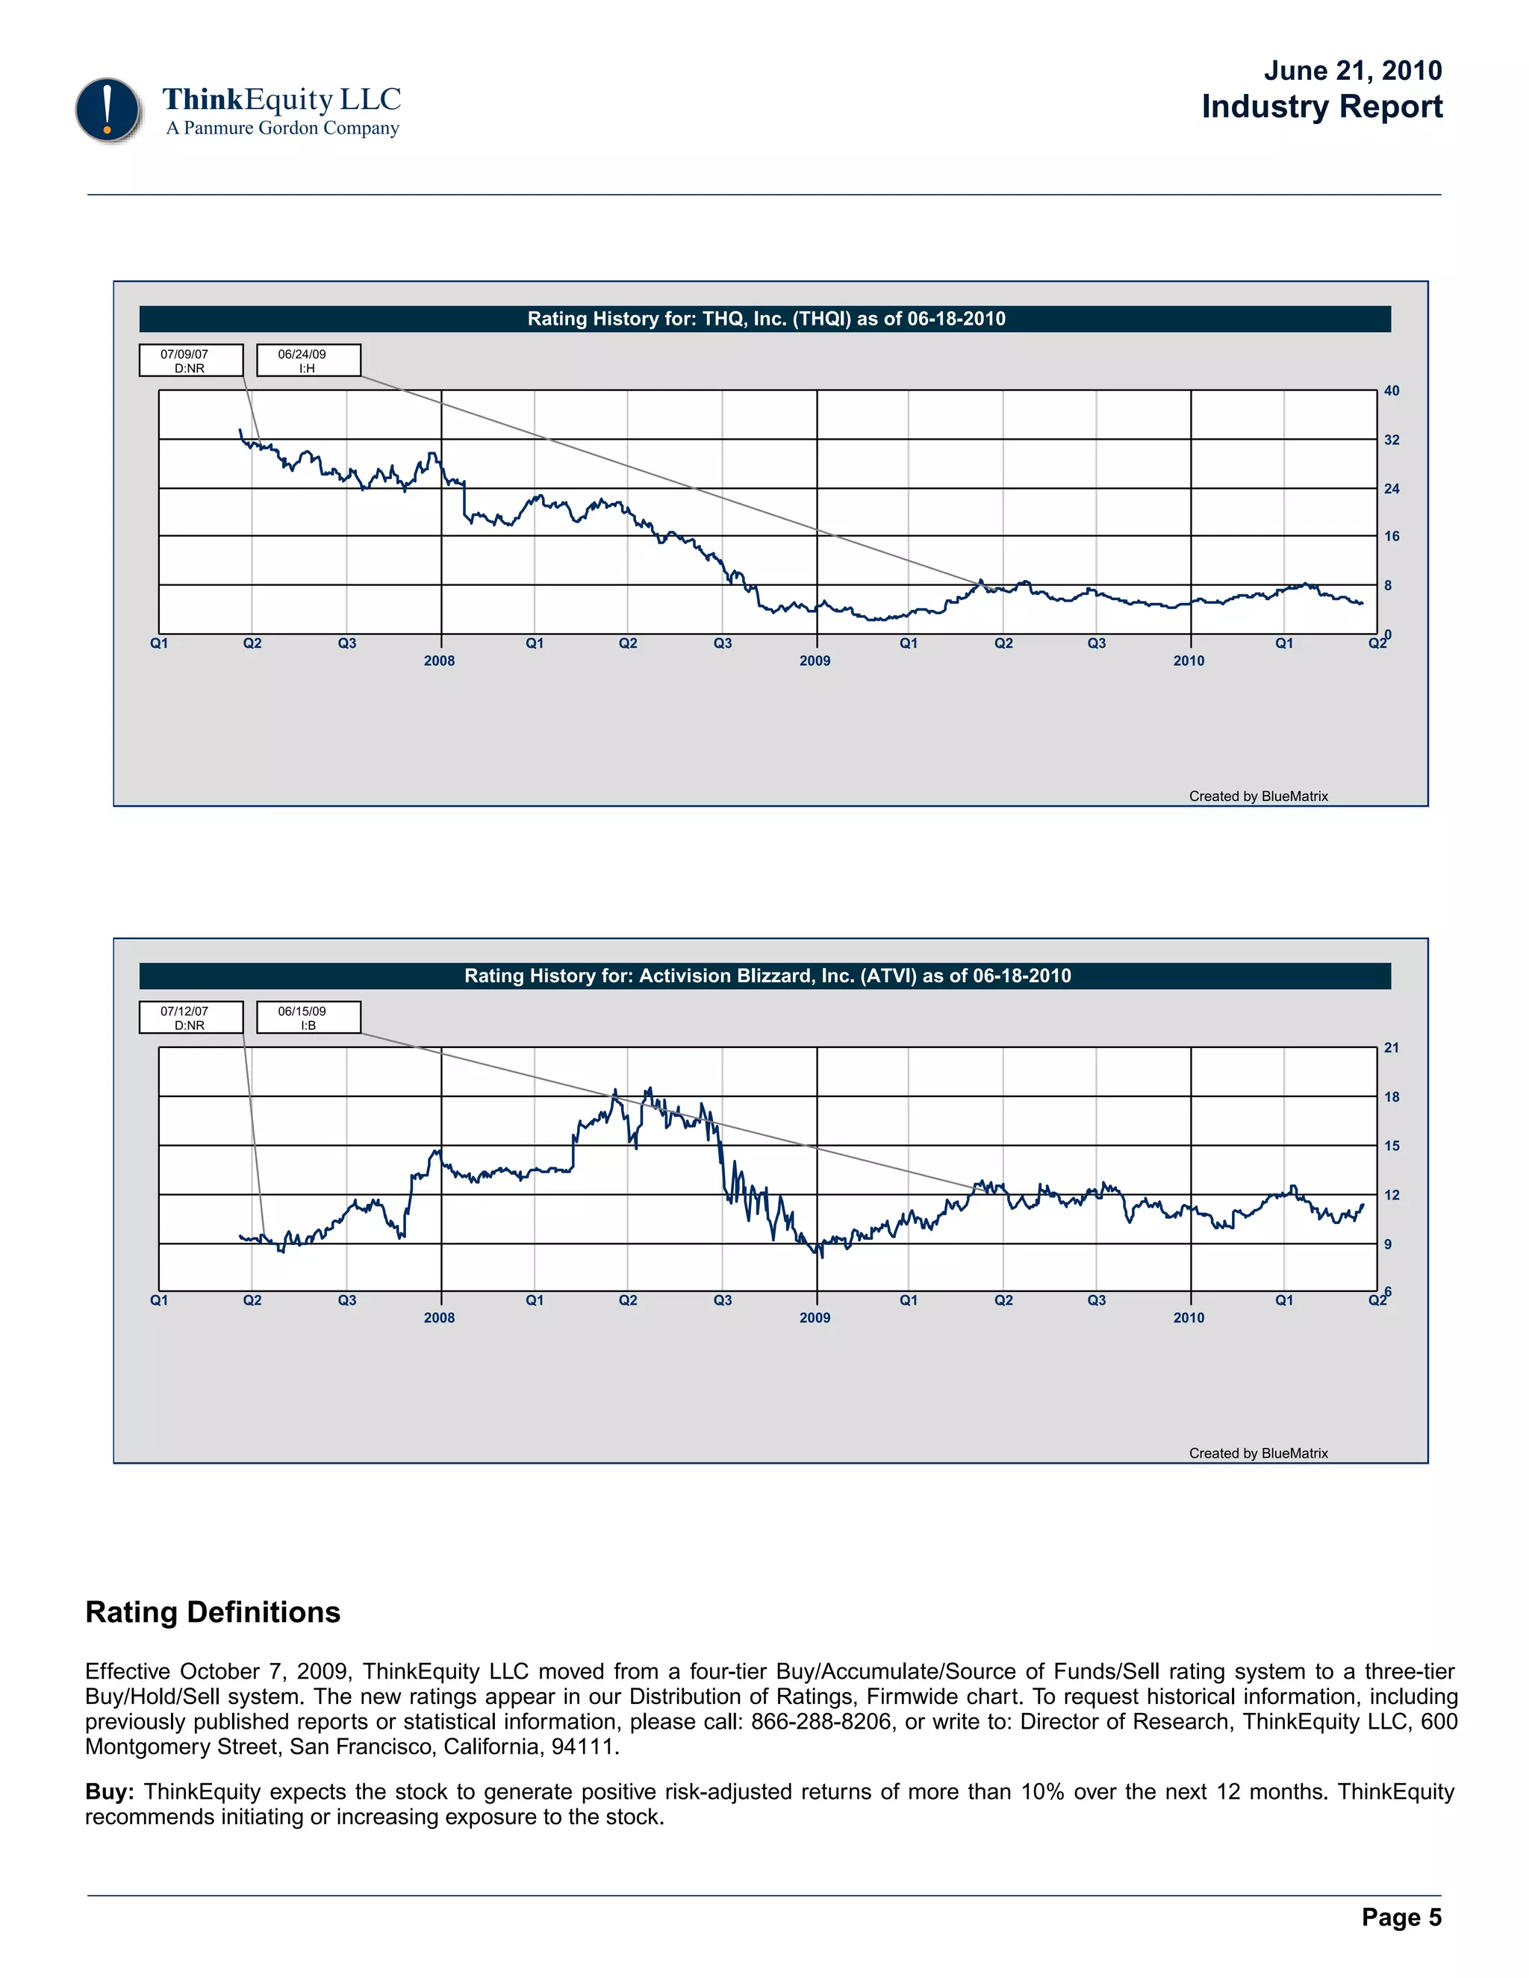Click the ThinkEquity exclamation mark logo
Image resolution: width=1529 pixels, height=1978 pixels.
coord(108,110)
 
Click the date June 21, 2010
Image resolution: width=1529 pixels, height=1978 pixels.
coord(1352,71)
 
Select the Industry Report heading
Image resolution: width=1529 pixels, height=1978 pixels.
coord(1321,107)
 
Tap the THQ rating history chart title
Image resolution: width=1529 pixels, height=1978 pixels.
coord(765,319)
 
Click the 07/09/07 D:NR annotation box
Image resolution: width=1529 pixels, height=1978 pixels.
coord(191,361)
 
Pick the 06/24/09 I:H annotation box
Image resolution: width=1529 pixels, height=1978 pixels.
coord(308,361)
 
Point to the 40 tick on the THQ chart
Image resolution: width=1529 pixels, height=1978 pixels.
coord(1392,391)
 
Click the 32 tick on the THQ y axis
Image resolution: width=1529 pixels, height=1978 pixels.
coord(1392,440)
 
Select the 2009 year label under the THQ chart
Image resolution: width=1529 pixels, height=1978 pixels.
coord(815,661)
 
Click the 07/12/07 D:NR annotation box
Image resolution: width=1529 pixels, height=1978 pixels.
coord(191,1017)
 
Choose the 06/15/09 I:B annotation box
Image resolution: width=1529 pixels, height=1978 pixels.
coord(308,1017)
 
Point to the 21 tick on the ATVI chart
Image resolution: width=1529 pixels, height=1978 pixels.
coord(1392,1048)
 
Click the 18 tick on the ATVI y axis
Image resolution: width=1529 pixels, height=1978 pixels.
coord(1392,1096)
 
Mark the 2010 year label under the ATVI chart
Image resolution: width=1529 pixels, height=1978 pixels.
coord(1189,1317)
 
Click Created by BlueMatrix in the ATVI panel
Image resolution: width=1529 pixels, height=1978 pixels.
coord(1258,1453)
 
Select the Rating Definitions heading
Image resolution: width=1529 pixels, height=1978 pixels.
coord(213,1612)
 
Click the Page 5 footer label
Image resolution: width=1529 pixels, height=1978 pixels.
coord(1401,1918)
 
